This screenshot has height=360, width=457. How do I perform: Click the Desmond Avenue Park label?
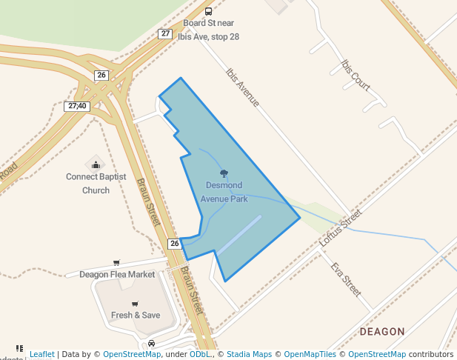pyautogui.click(x=224, y=192)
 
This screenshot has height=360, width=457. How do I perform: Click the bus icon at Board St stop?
pyautogui.click(x=208, y=11)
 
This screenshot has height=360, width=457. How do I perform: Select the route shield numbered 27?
pyautogui.click(x=164, y=33)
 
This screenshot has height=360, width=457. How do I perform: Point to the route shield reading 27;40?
pyautogui.click(x=78, y=106)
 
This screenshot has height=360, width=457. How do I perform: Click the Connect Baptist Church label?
pyautogui.click(x=96, y=183)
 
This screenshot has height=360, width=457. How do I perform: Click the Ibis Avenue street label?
pyautogui.click(x=242, y=87)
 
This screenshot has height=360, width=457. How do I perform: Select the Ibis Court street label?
pyautogui.click(x=356, y=75)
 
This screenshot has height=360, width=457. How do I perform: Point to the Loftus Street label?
pyautogui.click(x=340, y=227)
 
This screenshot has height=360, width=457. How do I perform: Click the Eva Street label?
pyautogui.click(x=346, y=279)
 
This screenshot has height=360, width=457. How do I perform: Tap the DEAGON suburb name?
pyautogui.click(x=382, y=331)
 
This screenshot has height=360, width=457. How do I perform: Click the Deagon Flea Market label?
pyautogui.click(x=117, y=274)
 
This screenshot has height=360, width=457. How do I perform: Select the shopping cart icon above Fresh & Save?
pyautogui.click(x=135, y=304)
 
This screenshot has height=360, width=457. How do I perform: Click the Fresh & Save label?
pyautogui.click(x=136, y=315)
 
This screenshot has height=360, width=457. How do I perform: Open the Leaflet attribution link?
pyautogui.click(x=42, y=354)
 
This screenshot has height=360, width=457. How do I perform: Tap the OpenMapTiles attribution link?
pyautogui.click(x=310, y=354)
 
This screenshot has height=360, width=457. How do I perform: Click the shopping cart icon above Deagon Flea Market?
pyautogui.click(x=116, y=263)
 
